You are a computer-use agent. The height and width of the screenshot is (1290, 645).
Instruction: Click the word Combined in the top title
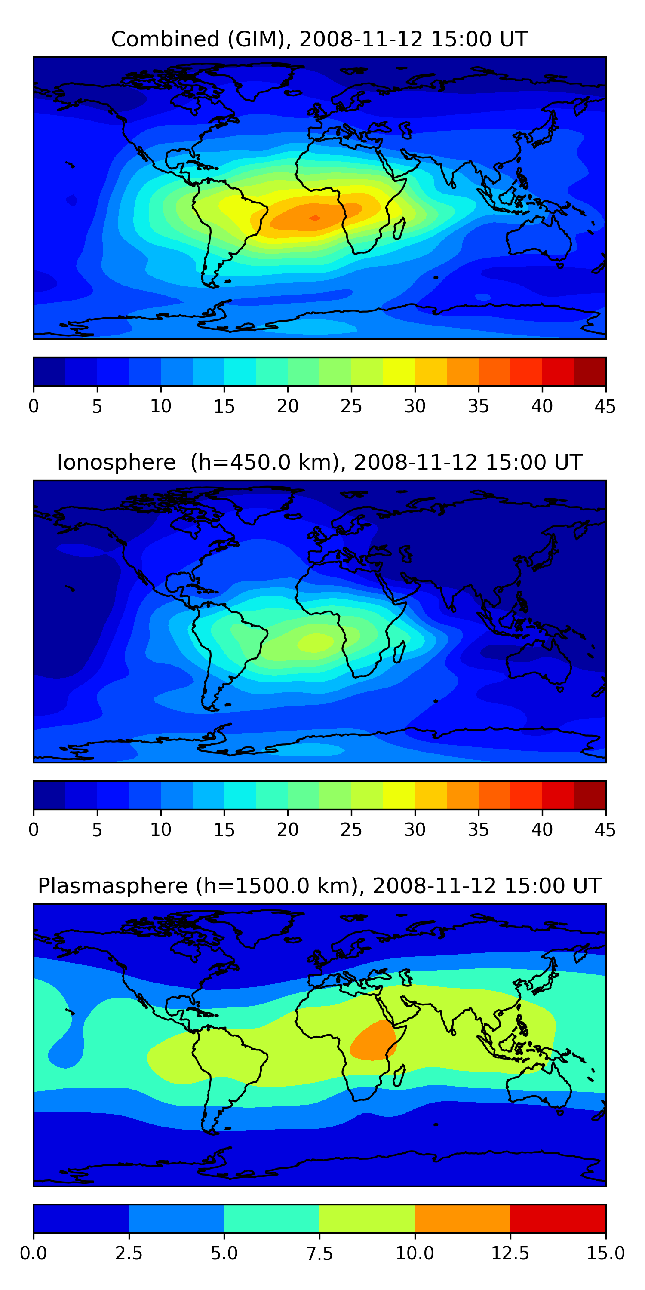[165, 39]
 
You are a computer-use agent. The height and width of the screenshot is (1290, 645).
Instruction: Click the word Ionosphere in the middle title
[116, 462]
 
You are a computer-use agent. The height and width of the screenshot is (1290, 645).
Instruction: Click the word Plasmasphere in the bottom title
[113, 886]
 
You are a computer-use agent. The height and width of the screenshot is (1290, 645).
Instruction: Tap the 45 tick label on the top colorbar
[605, 406]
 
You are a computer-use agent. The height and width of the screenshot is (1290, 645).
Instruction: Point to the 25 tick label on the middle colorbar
[351, 830]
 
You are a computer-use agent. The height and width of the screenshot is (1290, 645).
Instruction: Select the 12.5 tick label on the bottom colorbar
[510, 1253]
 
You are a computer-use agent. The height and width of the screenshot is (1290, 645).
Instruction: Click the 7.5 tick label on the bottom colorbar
[319, 1253]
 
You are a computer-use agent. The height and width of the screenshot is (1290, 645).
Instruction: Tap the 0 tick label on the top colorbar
[34, 406]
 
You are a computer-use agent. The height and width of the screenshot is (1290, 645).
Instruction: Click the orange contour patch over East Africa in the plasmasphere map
[373, 1041]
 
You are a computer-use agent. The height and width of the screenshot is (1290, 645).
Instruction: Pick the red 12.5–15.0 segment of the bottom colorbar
[558, 1218]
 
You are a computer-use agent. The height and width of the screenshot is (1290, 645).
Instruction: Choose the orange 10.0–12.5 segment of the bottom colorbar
[462, 1218]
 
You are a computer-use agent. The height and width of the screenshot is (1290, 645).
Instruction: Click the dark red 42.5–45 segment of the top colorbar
[590, 372]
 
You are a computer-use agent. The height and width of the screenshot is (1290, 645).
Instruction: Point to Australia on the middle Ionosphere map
[538, 661]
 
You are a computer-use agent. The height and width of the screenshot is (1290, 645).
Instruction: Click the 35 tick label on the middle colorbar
[478, 830]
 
